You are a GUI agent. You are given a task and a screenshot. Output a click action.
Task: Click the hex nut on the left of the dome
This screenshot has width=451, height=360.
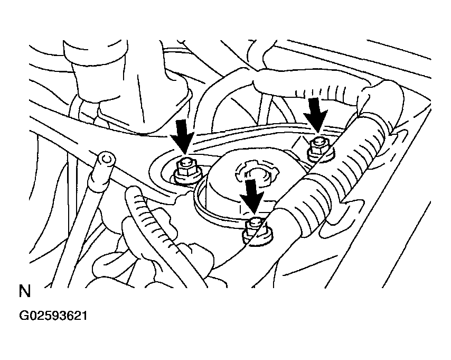tap(185, 169)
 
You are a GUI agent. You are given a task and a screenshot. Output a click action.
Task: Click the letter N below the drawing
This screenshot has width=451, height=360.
tap(25, 291)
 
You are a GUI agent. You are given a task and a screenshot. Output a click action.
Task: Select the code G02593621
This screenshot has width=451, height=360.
tap(53, 316)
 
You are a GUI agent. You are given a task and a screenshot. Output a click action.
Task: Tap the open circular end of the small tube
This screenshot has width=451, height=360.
tap(106, 159)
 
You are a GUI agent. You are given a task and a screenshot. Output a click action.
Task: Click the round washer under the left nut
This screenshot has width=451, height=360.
tap(187, 179)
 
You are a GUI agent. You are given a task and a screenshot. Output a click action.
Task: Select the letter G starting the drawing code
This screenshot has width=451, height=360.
tap(24, 316)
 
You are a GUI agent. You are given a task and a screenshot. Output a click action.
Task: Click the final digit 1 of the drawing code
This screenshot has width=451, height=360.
tap(84, 316)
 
